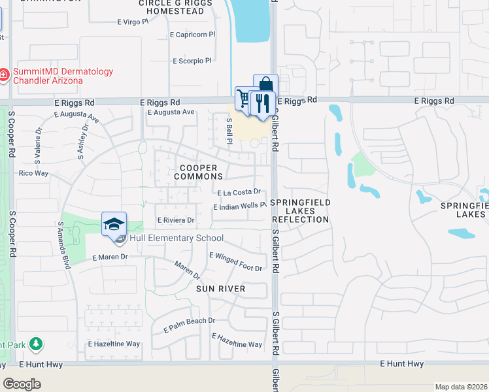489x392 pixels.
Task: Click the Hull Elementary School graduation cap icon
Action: click(x=114, y=223)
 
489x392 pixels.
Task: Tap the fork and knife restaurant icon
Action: click(x=263, y=103)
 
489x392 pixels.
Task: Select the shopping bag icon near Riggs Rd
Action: click(x=265, y=85)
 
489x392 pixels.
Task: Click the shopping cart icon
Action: click(x=245, y=98)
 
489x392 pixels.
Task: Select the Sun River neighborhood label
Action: click(x=221, y=289)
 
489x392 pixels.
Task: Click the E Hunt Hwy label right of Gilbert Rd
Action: click(x=405, y=364)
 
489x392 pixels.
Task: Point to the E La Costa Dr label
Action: click(x=239, y=192)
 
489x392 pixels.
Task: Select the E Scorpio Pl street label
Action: click(x=192, y=61)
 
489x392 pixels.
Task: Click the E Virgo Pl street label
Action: click(x=137, y=22)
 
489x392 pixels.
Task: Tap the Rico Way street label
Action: click(x=34, y=173)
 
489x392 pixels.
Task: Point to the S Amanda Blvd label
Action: click(x=64, y=237)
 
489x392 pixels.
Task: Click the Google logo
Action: click(x=22, y=384)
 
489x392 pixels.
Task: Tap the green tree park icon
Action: click(x=37, y=343)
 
